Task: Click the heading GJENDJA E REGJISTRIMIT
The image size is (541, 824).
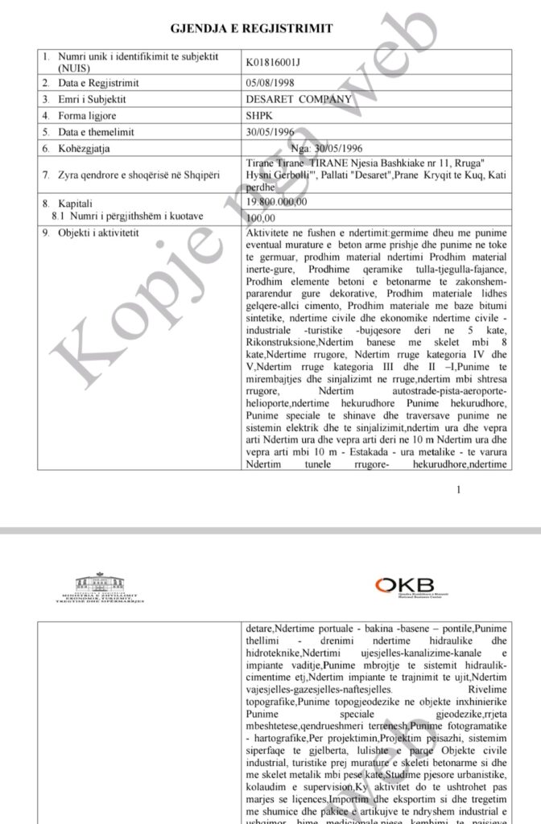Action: click(252, 29)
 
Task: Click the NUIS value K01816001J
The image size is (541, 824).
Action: click(276, 60)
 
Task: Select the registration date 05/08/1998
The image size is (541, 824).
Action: click(271, 83)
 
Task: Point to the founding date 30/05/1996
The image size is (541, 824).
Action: click(271, 132)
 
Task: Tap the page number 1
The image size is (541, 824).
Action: click(459, 489)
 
